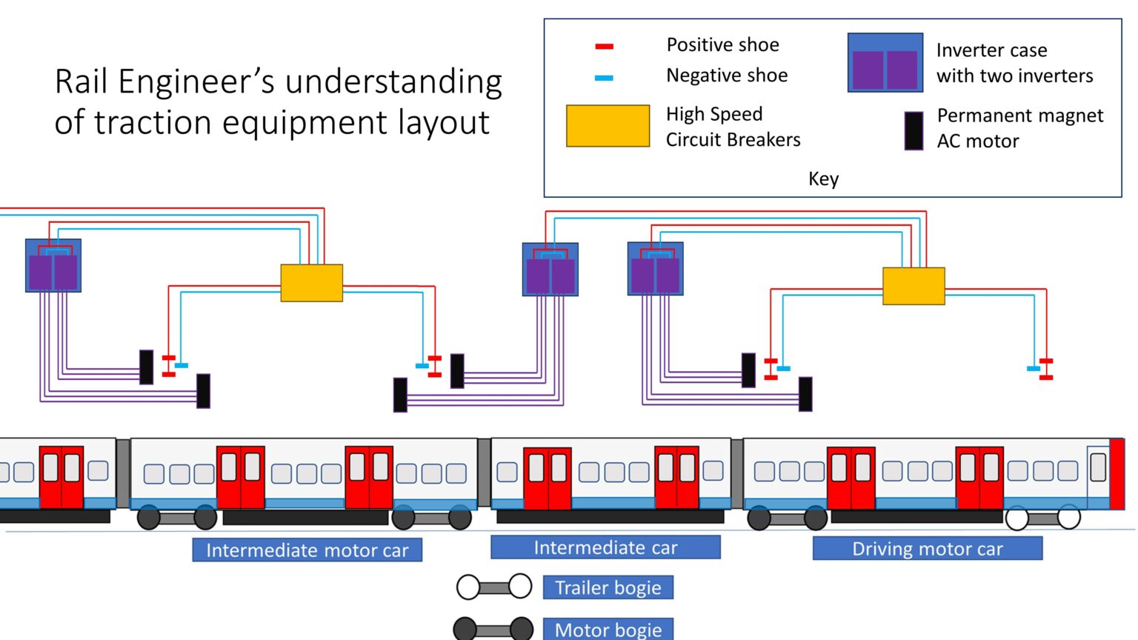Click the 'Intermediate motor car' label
click(x=307, y=550)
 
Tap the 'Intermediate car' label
click(x=605, y=547)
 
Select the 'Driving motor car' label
click(x=927, y=548)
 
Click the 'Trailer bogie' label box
click(x=608, y=587)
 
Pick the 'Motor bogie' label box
click(x=608, y=630)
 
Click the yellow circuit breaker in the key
click(x=608, y=126)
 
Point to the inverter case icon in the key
click(x=885, y=63)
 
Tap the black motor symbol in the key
click(x=914, y=131)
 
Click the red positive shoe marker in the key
click(x=604, y=47)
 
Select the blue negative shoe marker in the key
click(x=604, y=77)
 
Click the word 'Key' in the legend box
click(x=823, y=179)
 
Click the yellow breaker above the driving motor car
click(x=914, y=286)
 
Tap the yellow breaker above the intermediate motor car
click(x=311, y=283)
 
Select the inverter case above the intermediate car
click(x=550, y=270)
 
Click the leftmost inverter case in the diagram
click(x=53, y=265)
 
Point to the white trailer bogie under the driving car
click(x=1042, y=518)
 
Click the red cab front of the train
click(x=1117, y=474)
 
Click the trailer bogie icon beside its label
click(x=494, y=587)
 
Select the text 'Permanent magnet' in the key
click(x=1019, y=116)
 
